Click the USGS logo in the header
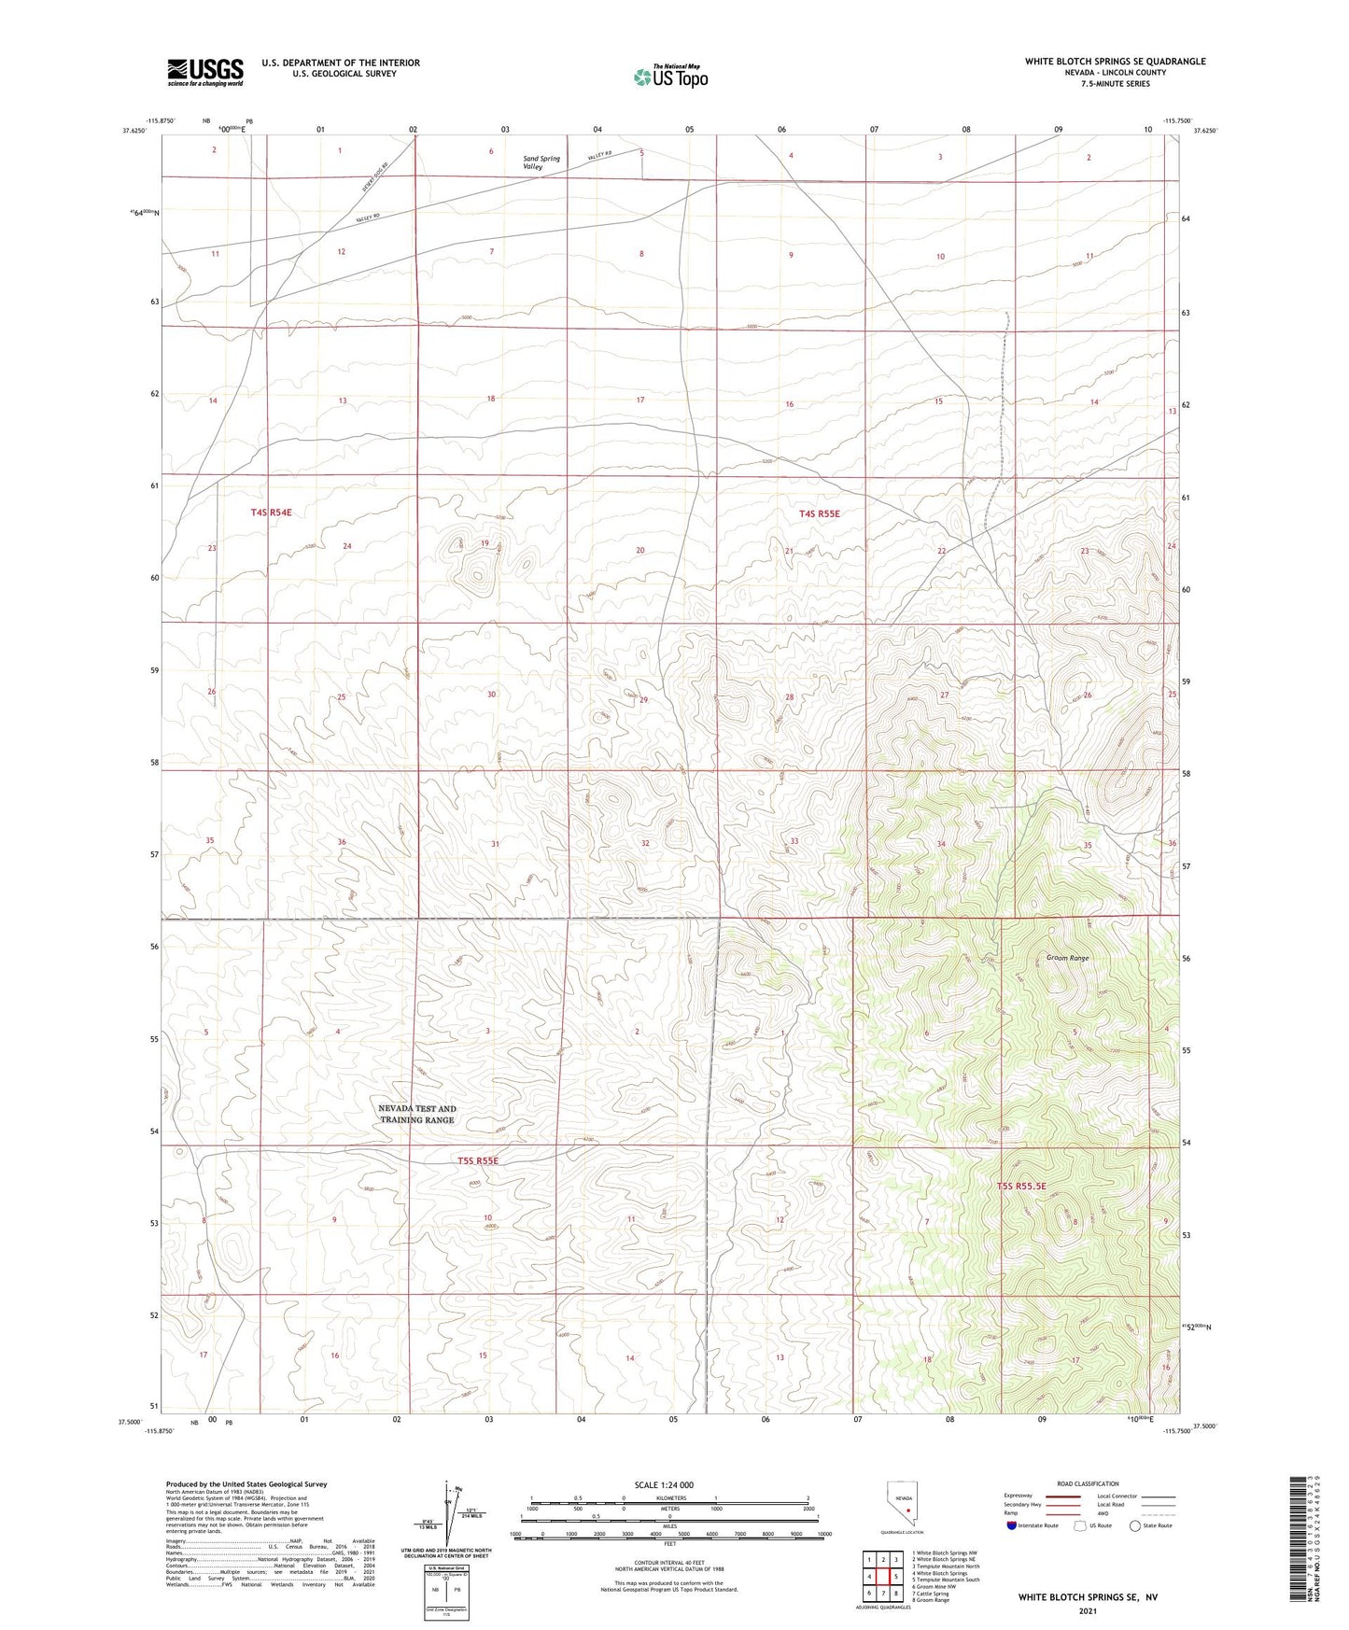click(x=204, y=71)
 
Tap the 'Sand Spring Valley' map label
click(x=541, y=162)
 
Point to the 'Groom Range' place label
click(x=1067, y=958)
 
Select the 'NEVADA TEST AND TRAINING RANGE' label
click(x=417, y=1114)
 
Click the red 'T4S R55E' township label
click(x=819, y=513)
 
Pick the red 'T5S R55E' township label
click(x=478, y=1160)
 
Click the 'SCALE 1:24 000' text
click(x=664, y=1485)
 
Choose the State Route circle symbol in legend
click(x=1134, y=1525)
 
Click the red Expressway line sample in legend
click(x=1064, y=1496)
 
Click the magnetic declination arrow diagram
click(x=450, y=1512)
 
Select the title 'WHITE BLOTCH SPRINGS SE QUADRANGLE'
click(x=1115, y=62)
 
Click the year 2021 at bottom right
click(x=1088, y=1610)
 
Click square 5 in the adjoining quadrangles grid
click(x=895, y=1577)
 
